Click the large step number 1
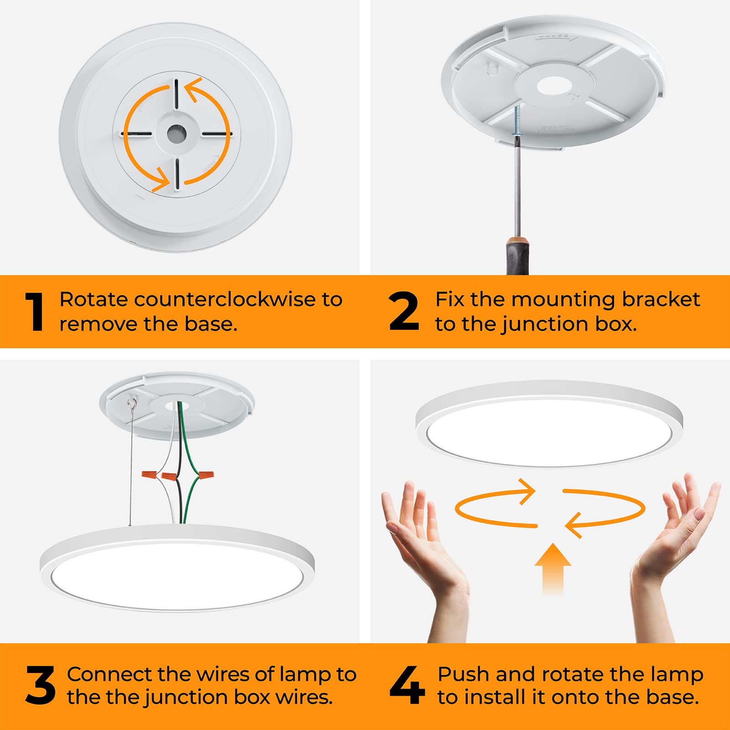click(x=35, y=312)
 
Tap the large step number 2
click(x=404, y=312)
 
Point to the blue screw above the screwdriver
click(x=517, y=120)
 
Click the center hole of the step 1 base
click(x=176, y=134)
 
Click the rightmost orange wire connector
click(x=205, y=477)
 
